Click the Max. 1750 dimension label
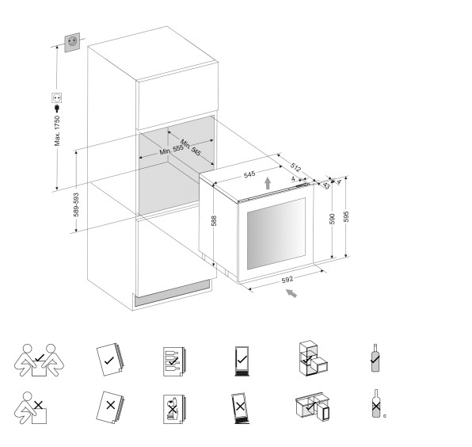57,131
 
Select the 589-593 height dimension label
76,204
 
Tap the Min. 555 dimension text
171,150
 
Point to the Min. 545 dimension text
191,147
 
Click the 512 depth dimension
295,167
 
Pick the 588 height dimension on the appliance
214,221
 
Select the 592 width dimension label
287,280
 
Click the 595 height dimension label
346,216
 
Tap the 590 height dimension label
332,219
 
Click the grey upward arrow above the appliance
268,183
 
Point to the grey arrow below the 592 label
291,293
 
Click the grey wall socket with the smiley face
72,42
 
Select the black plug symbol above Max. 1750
56,108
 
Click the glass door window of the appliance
276,234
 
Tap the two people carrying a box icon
39,361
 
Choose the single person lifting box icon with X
31,408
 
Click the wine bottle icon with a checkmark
375,358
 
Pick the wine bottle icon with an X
375,403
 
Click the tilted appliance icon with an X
241,408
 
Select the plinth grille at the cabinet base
172,293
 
